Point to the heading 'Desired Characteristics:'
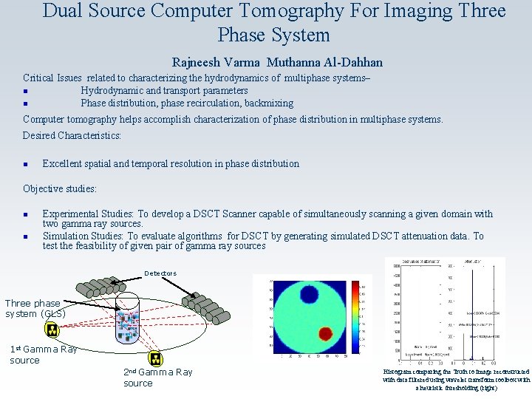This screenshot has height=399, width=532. coord(72,135)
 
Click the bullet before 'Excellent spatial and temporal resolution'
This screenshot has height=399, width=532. coord(26,164)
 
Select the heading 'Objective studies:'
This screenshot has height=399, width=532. coord(60,188)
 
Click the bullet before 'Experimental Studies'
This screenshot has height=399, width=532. coord(26,215)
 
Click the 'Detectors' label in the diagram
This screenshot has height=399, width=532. coord(160,273)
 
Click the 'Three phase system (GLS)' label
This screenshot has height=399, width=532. coord(35,308)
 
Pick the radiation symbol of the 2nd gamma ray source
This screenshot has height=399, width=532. coord(155,358)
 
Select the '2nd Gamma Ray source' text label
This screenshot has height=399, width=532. coord(157,378)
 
